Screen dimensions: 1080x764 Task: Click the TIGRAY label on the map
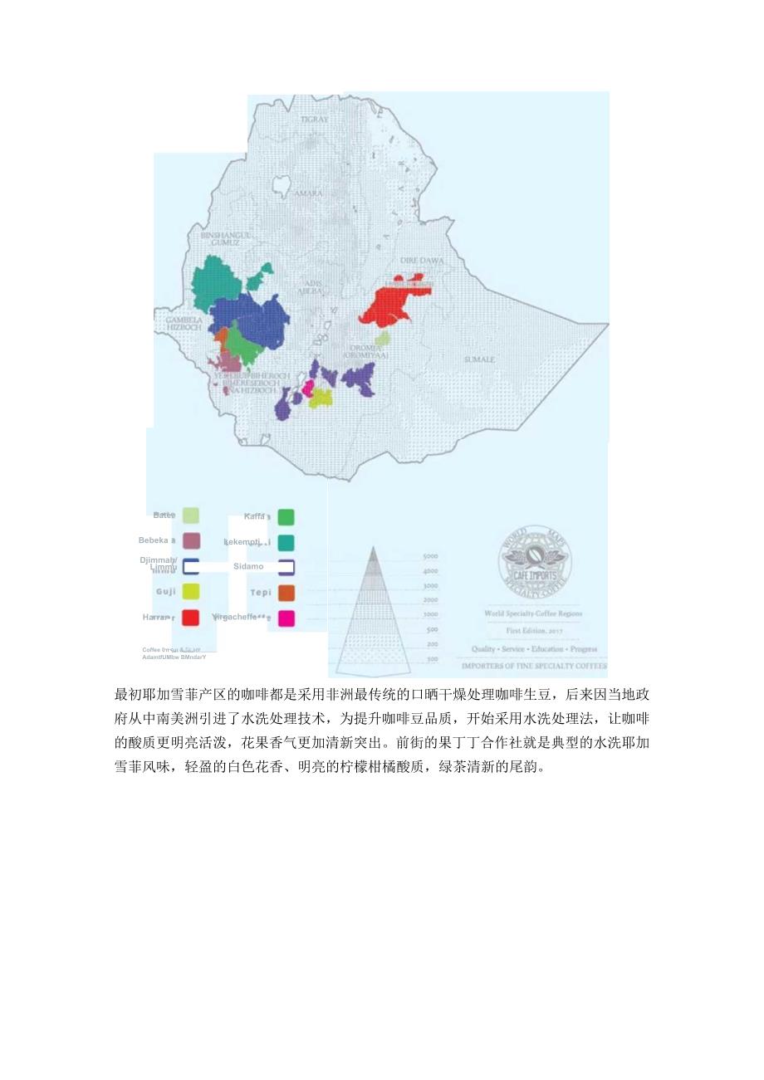point(315,120)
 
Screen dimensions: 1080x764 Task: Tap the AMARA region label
point(309,193)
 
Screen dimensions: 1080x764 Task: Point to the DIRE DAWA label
point(423,260)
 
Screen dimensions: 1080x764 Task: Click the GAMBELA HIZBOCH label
point(184,323)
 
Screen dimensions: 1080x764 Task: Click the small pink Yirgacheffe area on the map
point(307,387)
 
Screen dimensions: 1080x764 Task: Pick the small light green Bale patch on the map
point(382,339)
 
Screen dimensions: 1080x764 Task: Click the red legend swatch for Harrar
point(191,618)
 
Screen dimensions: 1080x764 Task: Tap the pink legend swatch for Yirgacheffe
point(286,618)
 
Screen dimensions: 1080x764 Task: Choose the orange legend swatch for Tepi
point(286,593)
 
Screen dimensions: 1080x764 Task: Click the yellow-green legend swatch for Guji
point(191,592)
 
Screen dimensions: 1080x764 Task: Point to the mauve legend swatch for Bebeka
point(191,541)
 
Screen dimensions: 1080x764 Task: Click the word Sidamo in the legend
point(248,566)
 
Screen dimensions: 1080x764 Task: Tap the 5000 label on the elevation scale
point(431,556)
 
